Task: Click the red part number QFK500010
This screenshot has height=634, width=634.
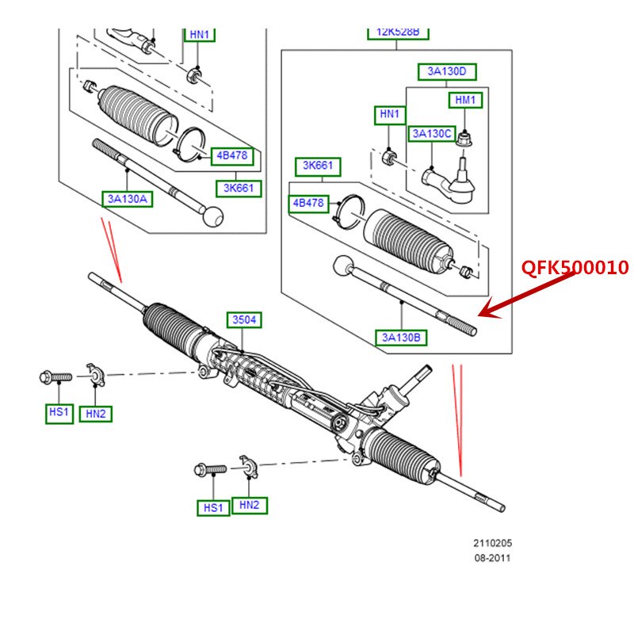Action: [x=575, y=268]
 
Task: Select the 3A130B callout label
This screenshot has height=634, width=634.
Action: [x=401, y=338]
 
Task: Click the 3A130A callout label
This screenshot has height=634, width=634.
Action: [x=127, y=199]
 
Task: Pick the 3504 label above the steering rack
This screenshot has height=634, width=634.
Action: [x=244, y=320]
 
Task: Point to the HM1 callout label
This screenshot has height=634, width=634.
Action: [x=465, y=100]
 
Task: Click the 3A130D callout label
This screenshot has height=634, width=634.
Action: [x=447, y=72]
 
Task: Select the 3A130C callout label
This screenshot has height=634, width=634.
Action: [x=432, y=133]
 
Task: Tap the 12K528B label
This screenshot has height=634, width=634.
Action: [x=398, y=32]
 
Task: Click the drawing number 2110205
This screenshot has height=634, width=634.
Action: [x=493, y=544]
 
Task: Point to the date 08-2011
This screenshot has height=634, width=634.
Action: [x=493, y=558]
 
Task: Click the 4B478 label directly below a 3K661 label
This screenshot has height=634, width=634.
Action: [x=309, y=203]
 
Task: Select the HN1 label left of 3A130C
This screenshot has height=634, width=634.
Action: [x=389, y=115]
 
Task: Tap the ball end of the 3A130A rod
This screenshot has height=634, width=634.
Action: [x=213, y=216]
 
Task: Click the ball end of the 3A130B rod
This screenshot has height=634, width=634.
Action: [x=343, y=265]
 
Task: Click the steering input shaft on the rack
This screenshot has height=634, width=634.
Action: [x=418, y=377]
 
